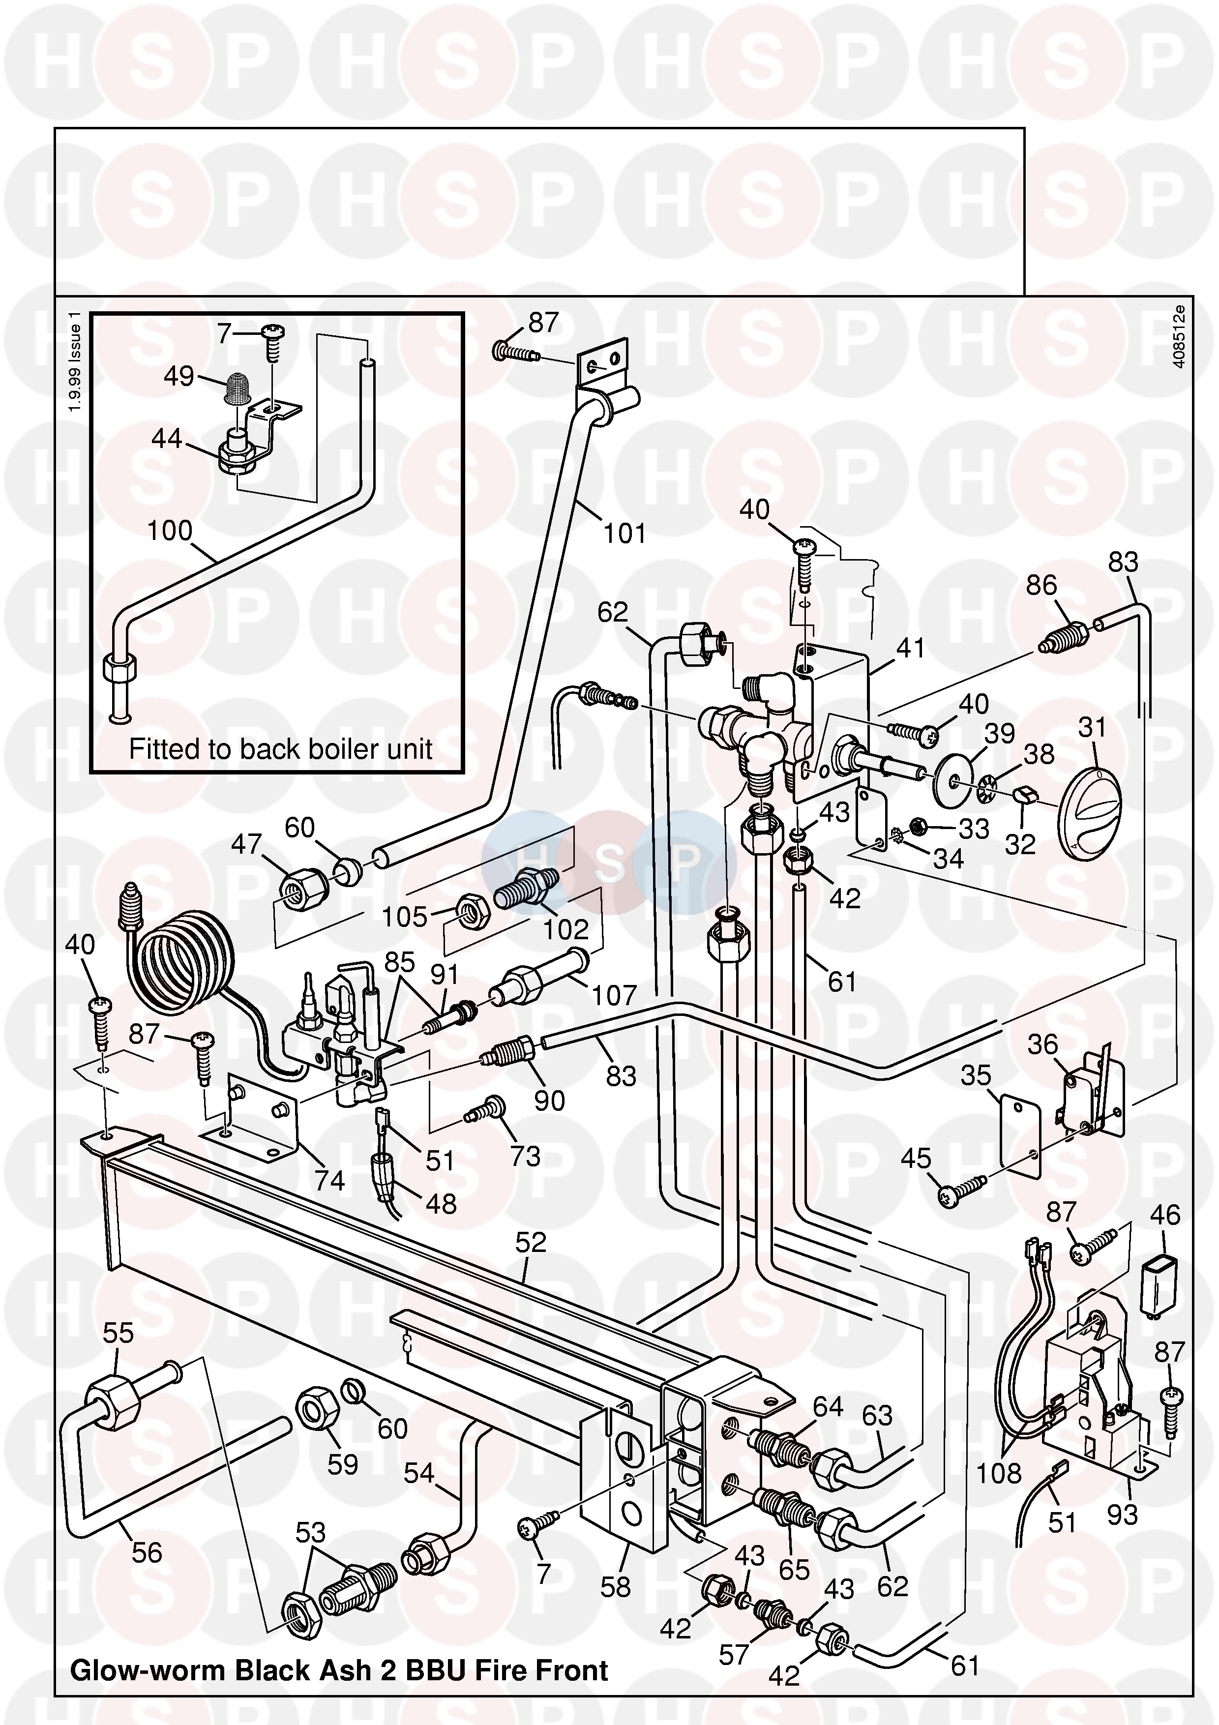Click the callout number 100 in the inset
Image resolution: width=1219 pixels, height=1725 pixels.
point(170,531)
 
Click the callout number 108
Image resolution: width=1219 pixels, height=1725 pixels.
point(998,1473)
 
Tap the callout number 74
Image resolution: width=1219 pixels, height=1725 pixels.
point(329,1181)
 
